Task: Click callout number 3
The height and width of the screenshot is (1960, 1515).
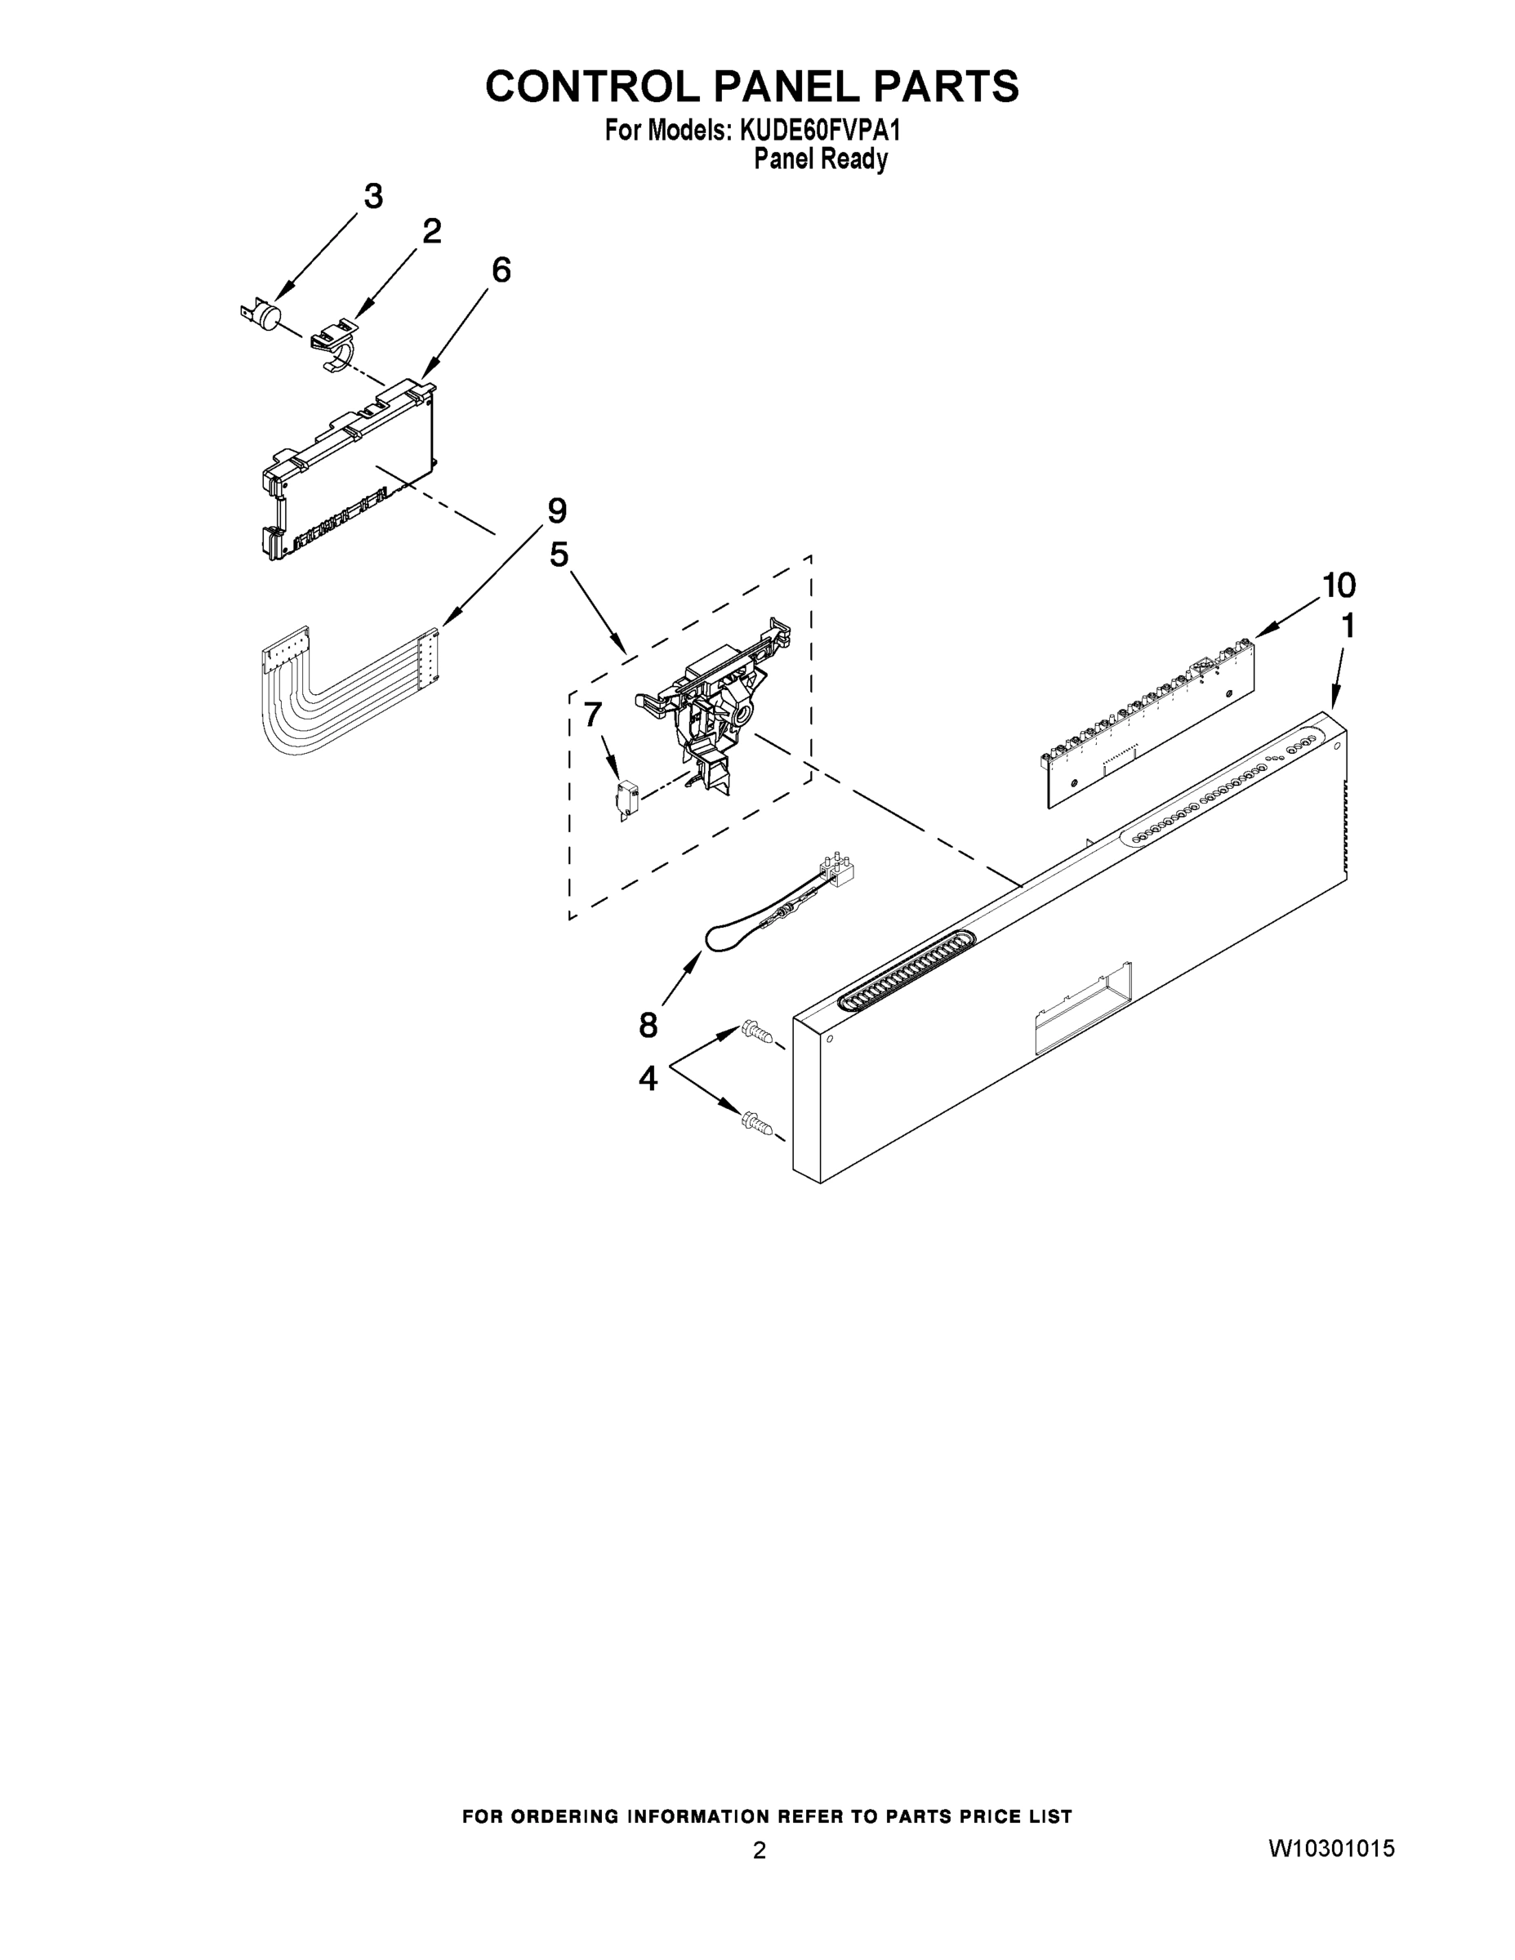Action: pos(372,196)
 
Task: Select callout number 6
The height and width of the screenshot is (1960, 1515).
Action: pos(501,269)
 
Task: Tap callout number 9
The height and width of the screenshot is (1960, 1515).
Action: pos(556,510)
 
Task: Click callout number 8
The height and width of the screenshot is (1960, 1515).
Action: pos(648,1024)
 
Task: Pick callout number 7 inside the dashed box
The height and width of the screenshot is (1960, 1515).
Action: pos(592,715)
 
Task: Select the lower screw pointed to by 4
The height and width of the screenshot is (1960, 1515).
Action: pos(755,1123)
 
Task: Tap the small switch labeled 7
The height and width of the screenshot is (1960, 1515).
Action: pos(626,799)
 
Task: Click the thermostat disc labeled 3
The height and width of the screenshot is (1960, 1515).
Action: pos(262,316)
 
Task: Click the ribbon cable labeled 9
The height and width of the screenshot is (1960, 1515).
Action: pos(341,696)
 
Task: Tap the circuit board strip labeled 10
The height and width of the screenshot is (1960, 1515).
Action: pos(1149,723)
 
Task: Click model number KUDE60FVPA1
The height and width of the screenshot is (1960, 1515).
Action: pos(818,131)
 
